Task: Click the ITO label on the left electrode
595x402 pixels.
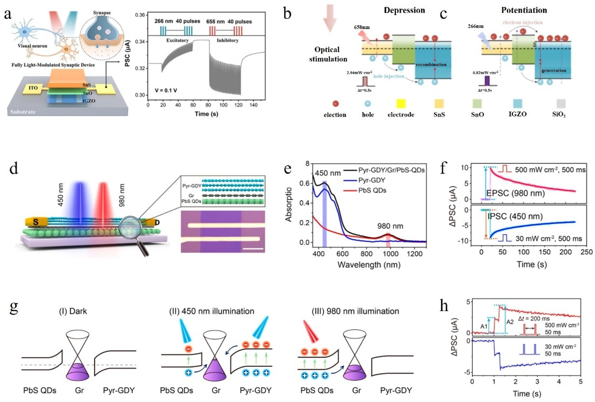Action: coord(33,88)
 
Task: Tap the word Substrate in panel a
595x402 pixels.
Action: coord(23,112)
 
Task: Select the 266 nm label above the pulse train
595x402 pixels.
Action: coord(164,21)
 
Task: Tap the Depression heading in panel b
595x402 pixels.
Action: coord(404,10)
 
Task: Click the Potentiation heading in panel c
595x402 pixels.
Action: coord(524,10)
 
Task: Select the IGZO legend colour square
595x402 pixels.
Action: coord(517,104)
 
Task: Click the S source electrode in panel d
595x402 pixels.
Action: coord(36,222)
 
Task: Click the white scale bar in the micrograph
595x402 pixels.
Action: coord(253,248)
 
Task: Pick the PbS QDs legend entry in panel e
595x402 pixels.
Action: coord(372,190)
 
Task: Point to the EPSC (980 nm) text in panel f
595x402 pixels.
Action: coord(515,193)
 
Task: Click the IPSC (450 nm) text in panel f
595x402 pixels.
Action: coord(515,216)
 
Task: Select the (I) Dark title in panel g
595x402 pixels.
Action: coord(73,311)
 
